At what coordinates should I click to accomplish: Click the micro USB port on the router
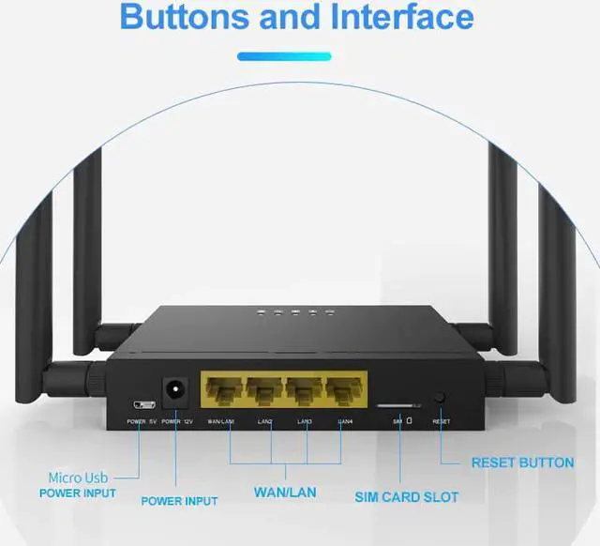pyautogui.click(x=143, y=403)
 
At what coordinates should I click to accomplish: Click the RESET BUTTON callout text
pyautogui.click(x=522, y=463)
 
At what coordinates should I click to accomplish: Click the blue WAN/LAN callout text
pyautogui.click(x=285, y=492)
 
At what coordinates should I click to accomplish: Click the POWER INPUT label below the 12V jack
pyautogui.click(x=179, y=501)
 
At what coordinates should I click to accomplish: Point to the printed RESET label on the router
pyautogui.click(x=442, y=422)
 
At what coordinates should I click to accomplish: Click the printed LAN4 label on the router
pyautogui.click(x=345, y=422)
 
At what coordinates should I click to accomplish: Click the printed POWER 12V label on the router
pyautogui.click(x=177, y=422)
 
